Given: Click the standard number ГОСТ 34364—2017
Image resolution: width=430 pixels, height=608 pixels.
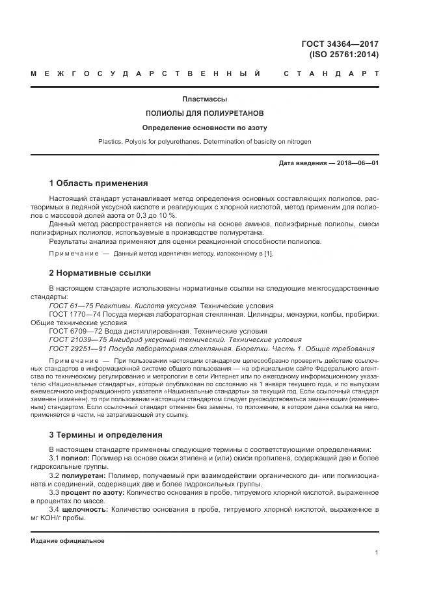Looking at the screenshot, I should [340, 44].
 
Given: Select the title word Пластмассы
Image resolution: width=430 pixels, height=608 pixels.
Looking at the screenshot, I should [204, 99].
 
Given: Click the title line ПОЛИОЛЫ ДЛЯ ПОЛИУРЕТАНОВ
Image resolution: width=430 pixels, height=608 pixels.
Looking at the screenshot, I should [204, 113].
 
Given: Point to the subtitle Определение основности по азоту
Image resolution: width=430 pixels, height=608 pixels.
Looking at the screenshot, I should [204, 127].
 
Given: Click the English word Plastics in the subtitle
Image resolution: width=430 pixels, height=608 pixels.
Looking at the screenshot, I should [109, 141].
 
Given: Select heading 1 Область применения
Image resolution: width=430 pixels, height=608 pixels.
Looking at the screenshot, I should [98, 183].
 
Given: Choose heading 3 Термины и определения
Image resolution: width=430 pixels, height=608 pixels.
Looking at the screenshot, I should [105, 434].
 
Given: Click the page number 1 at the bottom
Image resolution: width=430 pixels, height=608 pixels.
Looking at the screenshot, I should [377, 553].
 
